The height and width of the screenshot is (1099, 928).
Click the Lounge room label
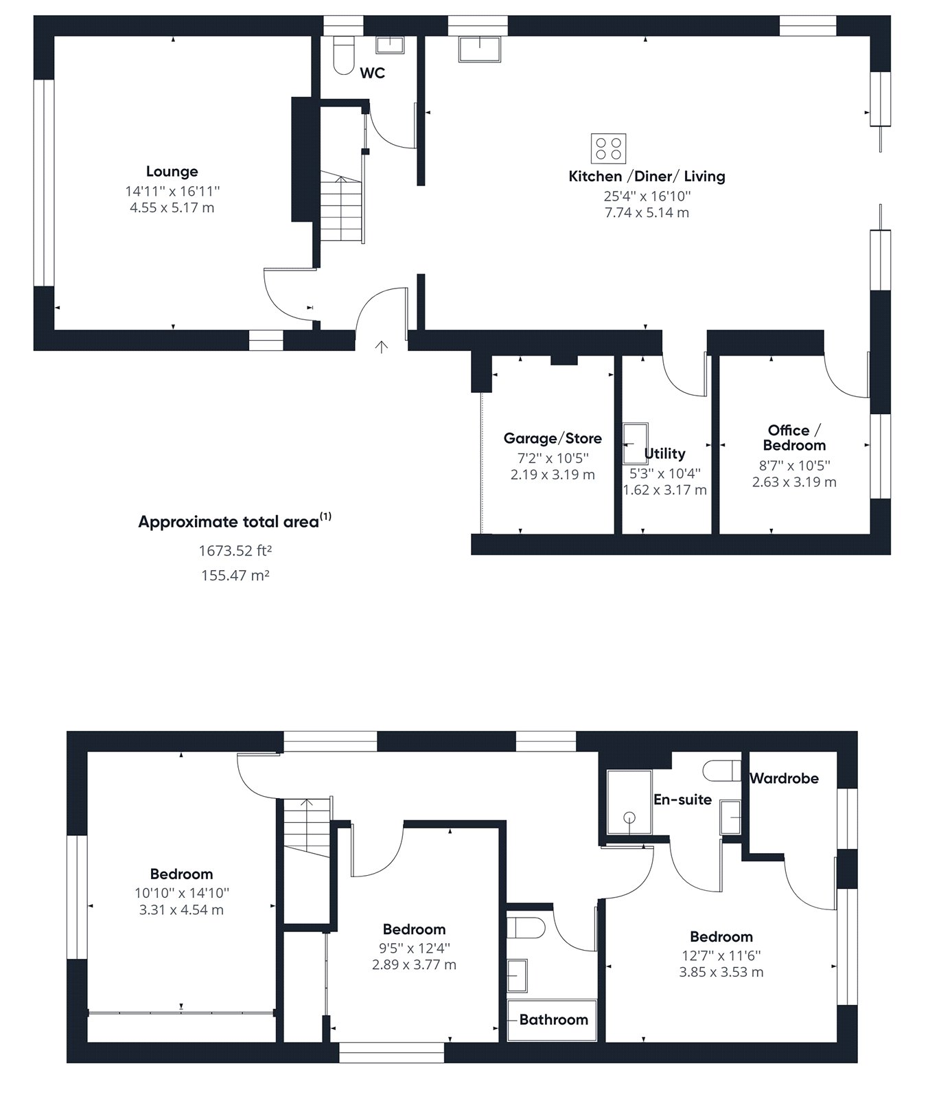[x=172, y=171]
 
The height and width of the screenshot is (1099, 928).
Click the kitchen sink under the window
[x=480, y=48]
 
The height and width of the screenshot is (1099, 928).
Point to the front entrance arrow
[x=382, y=347]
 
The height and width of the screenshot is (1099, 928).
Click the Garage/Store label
[x=553, y=438]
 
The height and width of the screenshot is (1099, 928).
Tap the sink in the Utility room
[x=635, y=444]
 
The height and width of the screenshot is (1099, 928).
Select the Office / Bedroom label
[x=794, y=438]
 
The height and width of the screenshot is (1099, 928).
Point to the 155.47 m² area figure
[x=235, y=576]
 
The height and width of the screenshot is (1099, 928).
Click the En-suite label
[x=682, y=800]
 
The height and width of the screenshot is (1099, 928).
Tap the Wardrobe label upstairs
[x=784, y=778]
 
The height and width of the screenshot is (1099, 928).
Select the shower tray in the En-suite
[x=629, y=802]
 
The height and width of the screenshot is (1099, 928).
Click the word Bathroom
[x=553, y=1019]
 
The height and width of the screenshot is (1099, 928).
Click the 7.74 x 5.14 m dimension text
[x=647, y=213]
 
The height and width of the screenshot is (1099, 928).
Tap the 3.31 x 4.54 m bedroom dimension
[x=181, y=910]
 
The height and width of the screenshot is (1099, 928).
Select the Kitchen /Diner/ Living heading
[x=647, y=177]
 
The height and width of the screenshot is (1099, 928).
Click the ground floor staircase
[x=342, y=207]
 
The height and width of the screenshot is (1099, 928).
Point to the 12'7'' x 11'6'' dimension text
[x=721, y=955]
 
